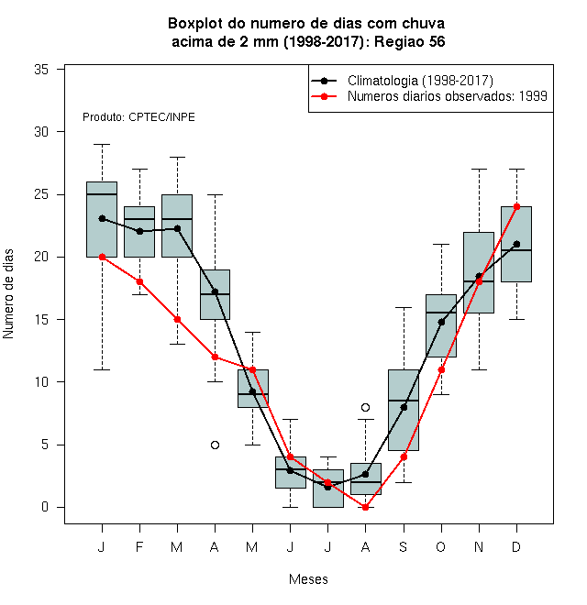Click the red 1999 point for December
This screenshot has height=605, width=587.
516,207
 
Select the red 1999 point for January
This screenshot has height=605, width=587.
103,257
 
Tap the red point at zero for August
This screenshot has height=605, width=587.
365,508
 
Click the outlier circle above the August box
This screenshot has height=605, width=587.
365,407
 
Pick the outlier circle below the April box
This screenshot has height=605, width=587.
216,445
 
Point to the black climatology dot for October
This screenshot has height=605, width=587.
441,322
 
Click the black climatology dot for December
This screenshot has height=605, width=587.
516,244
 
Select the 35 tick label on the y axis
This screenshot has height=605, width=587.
41,70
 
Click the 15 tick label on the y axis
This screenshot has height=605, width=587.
41,320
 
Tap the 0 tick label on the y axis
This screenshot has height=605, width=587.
45,507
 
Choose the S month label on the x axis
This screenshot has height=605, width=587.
404,546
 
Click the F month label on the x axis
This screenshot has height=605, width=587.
139,546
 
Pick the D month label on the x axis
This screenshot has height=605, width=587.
516,546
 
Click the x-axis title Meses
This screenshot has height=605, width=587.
308,579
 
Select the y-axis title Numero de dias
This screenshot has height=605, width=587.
8,294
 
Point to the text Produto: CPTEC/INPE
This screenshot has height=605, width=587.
138,117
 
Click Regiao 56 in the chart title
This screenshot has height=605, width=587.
410,41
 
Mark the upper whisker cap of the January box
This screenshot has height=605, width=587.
103,144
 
